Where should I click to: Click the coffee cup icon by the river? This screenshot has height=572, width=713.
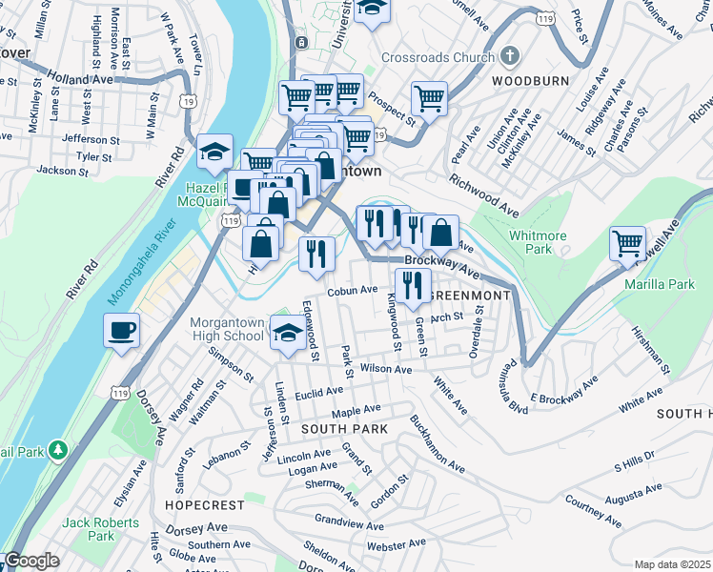pos(120,331)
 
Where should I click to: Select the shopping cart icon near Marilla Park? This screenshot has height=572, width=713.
pos(627,243)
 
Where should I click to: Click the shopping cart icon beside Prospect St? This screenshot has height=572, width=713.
pos(430,97)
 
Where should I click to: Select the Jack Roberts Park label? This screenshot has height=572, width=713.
pos(100,529)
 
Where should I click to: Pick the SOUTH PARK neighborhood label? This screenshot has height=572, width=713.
pos(344,429)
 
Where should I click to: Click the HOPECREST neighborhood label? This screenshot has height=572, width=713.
pos(198,502)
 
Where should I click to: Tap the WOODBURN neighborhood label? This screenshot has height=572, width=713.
pos(530,81)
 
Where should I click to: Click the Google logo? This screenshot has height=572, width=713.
pos(31,562)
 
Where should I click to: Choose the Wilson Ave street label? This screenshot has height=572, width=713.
pos(386,369)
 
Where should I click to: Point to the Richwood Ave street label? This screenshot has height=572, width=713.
pos(484,194)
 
